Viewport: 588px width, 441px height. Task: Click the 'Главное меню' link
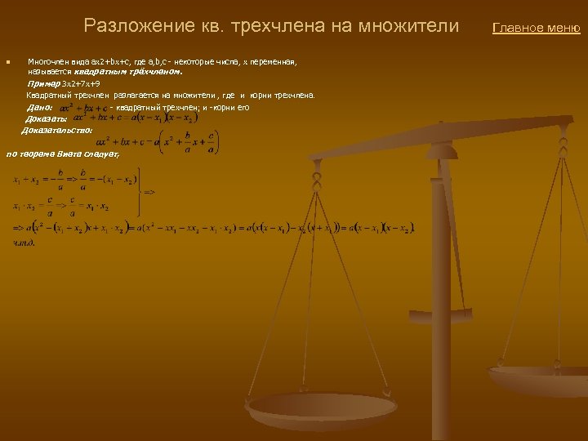tap(536, 29)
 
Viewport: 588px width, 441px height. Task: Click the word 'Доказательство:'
tap(57, 129)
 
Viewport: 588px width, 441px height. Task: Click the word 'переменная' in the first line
tap(276, 62)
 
